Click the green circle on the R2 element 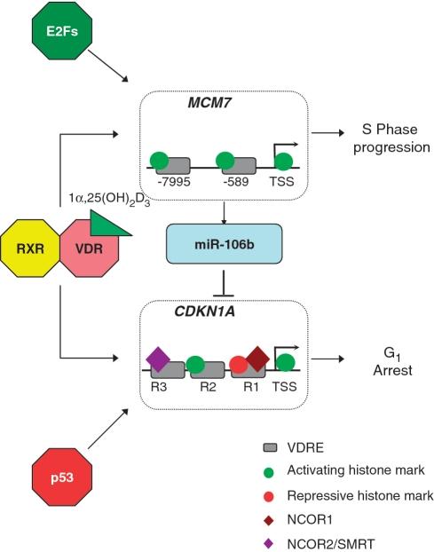(195, 363)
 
